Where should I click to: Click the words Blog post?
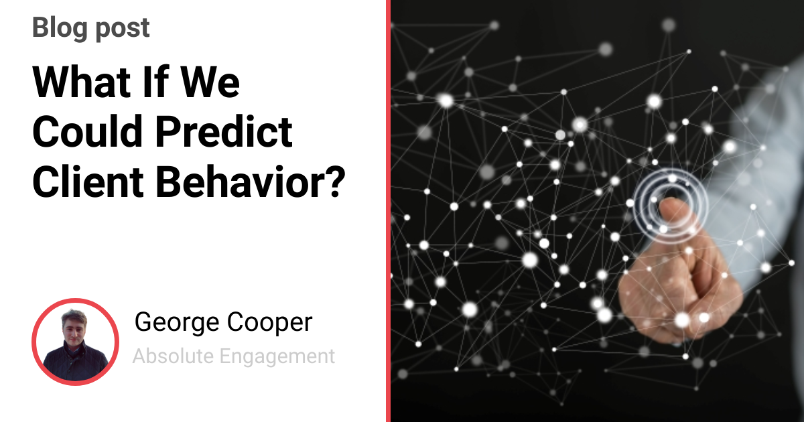(x=91, y=28)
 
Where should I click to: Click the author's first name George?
(x=174, y=323)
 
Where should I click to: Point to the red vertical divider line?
(x=388, y=211)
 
